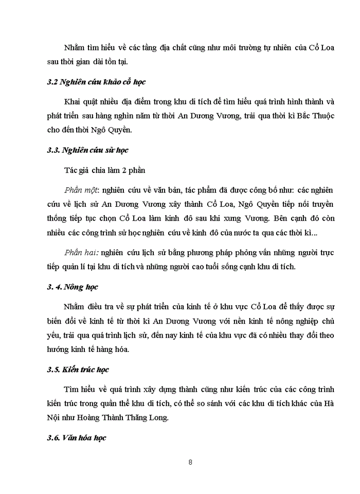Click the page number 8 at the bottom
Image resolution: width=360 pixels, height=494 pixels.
(191, 462)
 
